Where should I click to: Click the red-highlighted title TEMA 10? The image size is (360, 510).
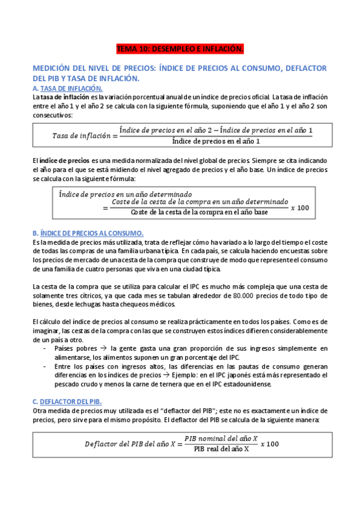pyautogui.click(x=180, y=48)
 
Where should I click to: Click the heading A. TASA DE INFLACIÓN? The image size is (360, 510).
pyautogui.click(x=68, y=88)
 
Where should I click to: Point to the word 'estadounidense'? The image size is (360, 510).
pyautogui.click(x=246, y=384)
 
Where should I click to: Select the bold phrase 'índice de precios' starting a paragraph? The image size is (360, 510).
pyautogui.click(x=64, y=162)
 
